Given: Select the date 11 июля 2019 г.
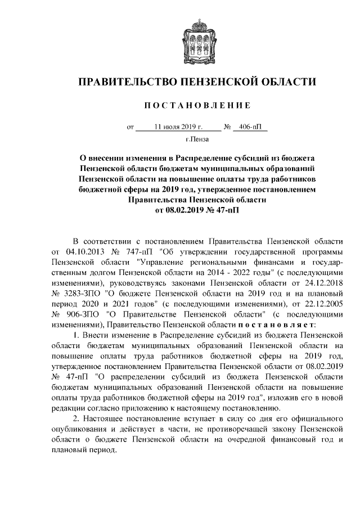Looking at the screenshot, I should pos(178,127).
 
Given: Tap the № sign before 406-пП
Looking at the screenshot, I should pos(228,127).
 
